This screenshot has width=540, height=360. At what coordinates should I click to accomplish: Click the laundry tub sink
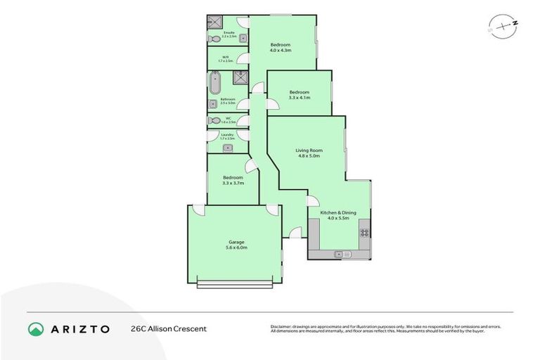226,148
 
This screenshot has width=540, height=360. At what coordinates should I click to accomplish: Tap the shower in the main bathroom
241,77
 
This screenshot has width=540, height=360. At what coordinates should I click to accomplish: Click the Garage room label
236,242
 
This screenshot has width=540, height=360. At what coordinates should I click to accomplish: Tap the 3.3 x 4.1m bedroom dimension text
300,98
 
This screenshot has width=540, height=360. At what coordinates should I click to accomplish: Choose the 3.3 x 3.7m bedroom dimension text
233,183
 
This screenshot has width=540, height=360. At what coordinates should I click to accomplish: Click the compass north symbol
501,26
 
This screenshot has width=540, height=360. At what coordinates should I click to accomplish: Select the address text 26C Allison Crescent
169,328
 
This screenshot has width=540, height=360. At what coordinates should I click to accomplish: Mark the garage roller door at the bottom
235,284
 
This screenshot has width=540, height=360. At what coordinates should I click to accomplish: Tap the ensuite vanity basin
243,38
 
